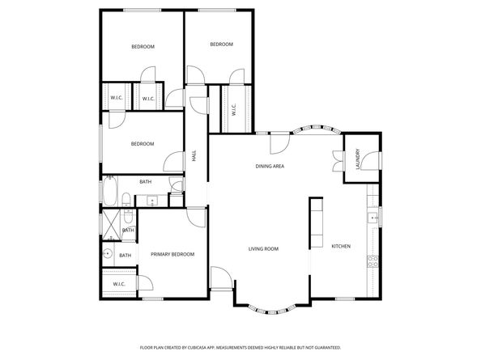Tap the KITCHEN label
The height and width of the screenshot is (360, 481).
click(x=341, y=246)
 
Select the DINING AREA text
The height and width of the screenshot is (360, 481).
click(x=270, y=166)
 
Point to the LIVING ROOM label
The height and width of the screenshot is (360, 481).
click(x=263, y=249)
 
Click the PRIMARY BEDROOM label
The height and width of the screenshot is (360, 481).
click(x=172, y=255)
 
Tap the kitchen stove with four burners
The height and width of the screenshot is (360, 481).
click(x=373, y=261)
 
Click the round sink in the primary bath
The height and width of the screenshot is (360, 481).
click(x=107, y=253)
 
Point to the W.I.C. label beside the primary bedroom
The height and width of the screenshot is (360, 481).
click(x=118, y=284)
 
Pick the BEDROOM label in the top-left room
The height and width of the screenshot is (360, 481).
click(x=143, y=47)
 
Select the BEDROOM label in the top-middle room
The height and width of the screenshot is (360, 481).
click(x=221, y=44)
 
